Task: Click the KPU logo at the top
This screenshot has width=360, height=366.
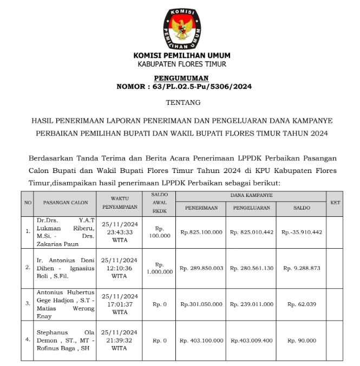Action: click(181, 28)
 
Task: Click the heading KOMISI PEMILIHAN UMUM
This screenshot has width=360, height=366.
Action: click(181, 55)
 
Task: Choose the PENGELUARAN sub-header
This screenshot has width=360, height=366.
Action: click(252, 208)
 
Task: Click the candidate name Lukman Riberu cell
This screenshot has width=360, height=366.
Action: click(65, 232)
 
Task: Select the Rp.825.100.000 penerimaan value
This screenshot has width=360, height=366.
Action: click(201, 232)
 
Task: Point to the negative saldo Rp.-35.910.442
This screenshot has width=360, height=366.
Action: click(302, 232)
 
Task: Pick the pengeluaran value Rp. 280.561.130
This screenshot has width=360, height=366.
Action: click(252, 268)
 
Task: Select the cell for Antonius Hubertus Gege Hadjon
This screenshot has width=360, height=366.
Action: click(65, 304)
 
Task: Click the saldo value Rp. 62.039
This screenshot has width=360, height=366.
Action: click(302, 304)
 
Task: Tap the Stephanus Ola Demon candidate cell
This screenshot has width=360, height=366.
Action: click(65, 341)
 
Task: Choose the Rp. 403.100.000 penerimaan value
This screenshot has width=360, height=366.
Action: click(201, 341)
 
